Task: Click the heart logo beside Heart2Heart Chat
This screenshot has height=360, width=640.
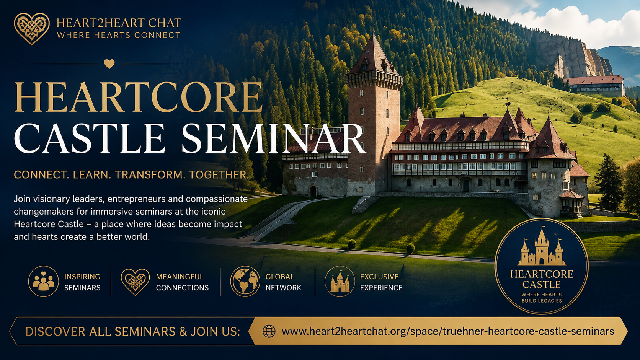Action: (x=32, y=29)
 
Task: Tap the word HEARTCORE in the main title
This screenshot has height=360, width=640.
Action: (x=138, y=97)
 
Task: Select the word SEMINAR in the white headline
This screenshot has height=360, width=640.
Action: (x=273, y=139)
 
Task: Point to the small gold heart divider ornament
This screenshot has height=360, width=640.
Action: (x=109, y=64)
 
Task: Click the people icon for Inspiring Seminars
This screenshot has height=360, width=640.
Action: (x=43, y=282)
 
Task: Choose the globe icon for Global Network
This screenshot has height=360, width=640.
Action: (x=245, y=282)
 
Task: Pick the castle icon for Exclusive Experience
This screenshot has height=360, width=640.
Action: (x=340, y=282)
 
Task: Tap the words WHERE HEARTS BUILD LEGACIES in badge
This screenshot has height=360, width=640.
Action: (x=541, y=298)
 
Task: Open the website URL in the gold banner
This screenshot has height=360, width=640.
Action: (x=448, y=331)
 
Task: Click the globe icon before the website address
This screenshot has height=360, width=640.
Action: (x=269, y=331)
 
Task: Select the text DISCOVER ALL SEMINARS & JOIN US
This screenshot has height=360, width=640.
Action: (x=132, y=332)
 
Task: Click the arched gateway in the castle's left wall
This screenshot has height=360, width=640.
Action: (x=313, y=191)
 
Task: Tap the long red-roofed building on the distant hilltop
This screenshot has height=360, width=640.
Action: (x=595, y=85)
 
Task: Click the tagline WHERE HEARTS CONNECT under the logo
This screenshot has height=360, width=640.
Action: (x=119, y=35)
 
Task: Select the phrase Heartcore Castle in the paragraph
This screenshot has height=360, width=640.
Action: (x=49, y=224)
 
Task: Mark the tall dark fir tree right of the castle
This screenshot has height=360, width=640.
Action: (x=609, y=183)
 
